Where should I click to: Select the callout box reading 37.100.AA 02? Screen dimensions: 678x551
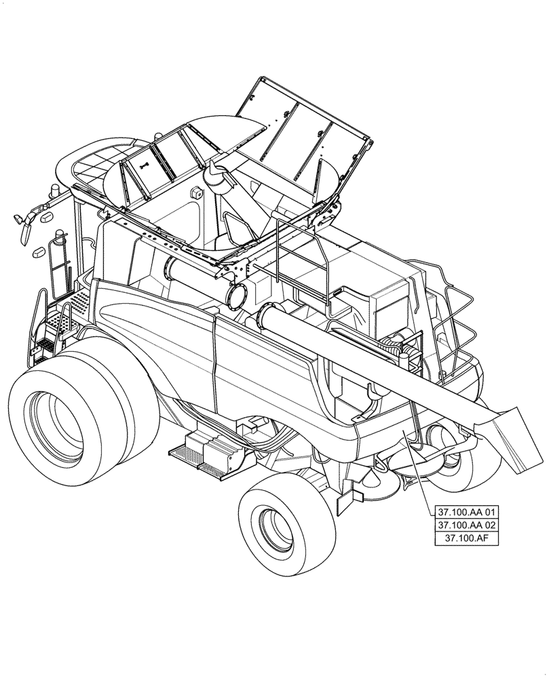click(468, 525)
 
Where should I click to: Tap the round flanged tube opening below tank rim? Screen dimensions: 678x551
click(237, 294)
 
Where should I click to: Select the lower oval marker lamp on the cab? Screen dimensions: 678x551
click(39, 252)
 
